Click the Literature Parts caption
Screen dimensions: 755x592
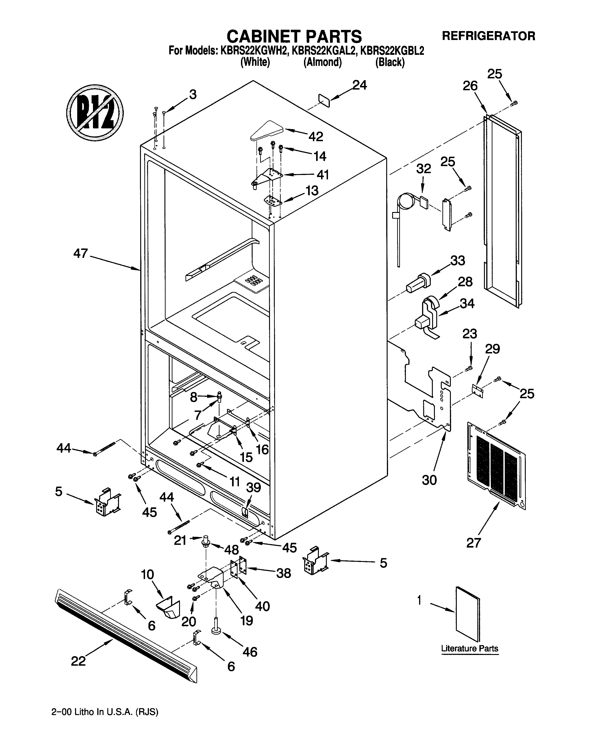tap(469, 648)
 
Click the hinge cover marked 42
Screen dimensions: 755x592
tap(266, 131)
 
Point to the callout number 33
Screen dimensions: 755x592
tap(457, 260)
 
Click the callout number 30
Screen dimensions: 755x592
tap(429, 480)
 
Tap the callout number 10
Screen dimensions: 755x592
tap(147, 574)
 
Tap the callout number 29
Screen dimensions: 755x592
tap(492, 349)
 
